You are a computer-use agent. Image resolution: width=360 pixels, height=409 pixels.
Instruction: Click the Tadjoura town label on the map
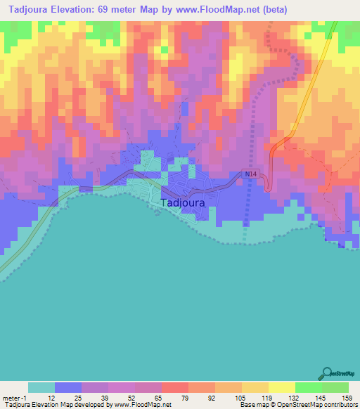183,204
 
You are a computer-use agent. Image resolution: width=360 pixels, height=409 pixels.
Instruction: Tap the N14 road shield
252,174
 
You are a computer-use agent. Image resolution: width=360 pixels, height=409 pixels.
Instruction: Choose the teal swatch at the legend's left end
41,387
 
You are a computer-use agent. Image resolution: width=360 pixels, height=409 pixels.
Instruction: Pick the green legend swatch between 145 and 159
335,387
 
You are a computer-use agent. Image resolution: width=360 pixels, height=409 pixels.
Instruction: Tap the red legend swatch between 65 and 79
175,387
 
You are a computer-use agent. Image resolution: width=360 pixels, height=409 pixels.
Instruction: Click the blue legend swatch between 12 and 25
68,387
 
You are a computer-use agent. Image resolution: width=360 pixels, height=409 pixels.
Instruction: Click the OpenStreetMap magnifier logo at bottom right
328,372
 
